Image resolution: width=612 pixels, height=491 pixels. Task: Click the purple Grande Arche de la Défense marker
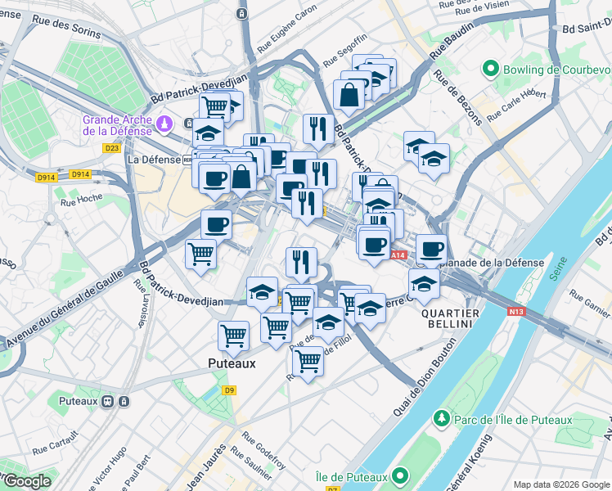click(166, 124)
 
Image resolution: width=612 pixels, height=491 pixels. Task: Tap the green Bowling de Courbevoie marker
click(491, 69)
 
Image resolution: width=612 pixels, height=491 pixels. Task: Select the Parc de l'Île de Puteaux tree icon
click(442, 419)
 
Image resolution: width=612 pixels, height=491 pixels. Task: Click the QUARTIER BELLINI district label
click(447, 318)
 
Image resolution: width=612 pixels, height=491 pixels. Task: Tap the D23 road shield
click(112, 148)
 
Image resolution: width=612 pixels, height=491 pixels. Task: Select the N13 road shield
click(515, 312)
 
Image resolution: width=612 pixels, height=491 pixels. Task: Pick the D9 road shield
click(230, 390)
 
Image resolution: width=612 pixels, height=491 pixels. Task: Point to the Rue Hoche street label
click(83, 199)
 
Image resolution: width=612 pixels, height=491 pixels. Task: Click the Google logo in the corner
click(26, 481)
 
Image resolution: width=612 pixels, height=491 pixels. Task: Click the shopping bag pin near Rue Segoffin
click(349, 94)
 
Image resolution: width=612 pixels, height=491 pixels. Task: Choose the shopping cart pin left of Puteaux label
click(234, 335)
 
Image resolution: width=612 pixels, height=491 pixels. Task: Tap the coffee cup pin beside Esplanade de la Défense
click(431, 249)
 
